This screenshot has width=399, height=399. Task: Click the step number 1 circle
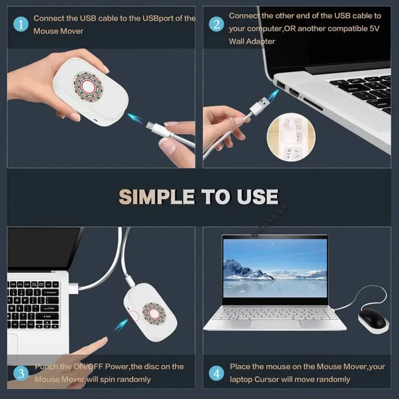21,24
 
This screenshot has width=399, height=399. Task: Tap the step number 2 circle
217,24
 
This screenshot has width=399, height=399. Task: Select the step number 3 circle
21,373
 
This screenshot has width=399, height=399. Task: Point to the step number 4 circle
217,373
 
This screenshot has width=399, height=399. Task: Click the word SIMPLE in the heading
157,197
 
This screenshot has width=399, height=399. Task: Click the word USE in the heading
256,197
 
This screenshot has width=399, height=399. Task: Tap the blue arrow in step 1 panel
135,118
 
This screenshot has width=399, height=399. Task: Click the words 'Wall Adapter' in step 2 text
252,42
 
